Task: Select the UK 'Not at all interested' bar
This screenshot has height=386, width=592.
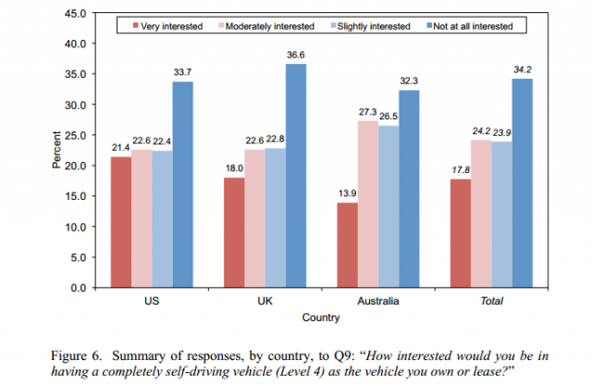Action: [x=294, y=176]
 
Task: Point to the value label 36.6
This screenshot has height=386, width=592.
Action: [x=295, y=55]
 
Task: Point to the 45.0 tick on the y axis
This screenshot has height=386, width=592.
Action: [x=73, y=13]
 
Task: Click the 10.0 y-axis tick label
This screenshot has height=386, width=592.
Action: [x=73, y=227]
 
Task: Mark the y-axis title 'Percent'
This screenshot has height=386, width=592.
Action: [x=55, y=152]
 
